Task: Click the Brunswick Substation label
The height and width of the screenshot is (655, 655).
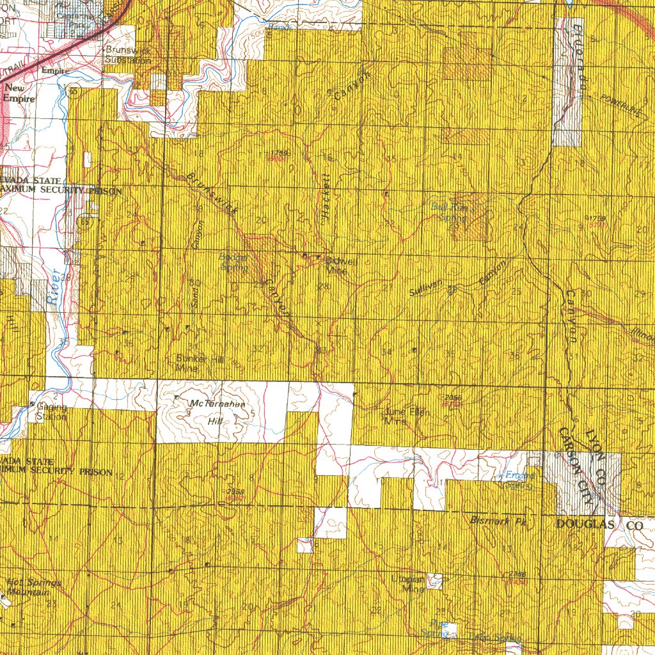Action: [x=128, y=55]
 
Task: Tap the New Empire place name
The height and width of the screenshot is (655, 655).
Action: [x=20, y=94]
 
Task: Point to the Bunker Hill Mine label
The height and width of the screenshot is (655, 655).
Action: [x=200, y=364]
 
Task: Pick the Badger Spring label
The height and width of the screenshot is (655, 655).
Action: [x=233, y=262]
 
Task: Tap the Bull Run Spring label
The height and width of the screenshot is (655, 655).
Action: [x=450, y=211]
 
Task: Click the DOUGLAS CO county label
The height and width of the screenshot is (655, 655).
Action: [x=599, y=525]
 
